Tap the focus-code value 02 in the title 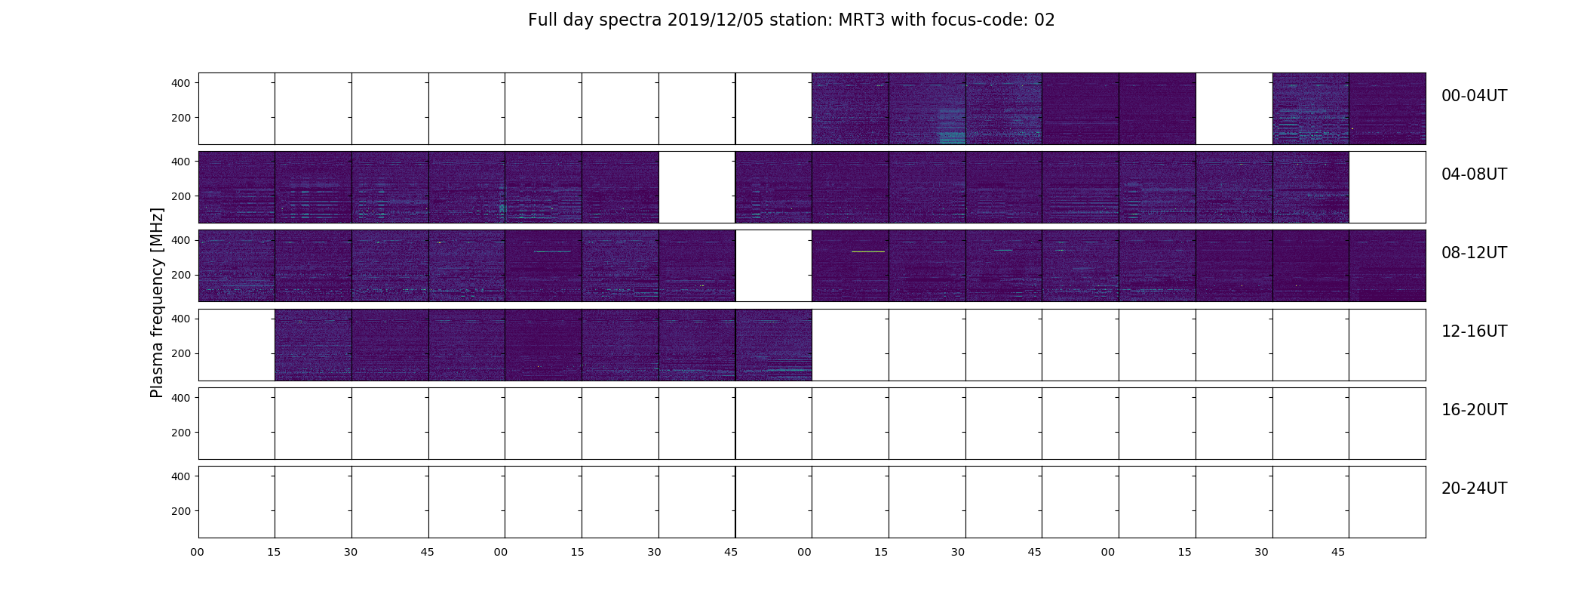tap(1044, 20)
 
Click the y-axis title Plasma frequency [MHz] tap(157, 303)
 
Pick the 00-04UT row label tap(1474, 96)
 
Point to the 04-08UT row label tap(1474, 174)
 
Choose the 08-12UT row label tap(1474, 253)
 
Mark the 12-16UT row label tap(1474, 331)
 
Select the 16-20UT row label tap(1474, 410)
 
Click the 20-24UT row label tap(1474, 488)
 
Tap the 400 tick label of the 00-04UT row tap(181, 83)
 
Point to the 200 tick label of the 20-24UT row tap(181, 511)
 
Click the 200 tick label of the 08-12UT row tap(181, 275)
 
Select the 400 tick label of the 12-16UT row tap(181, 319)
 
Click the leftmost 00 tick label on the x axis tap(198, 552)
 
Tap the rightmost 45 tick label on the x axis tap(1338, 552)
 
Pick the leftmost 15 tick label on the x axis tap(274, 552)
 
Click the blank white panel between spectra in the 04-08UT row tap(697, 187)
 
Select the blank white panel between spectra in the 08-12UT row tap(774, 266)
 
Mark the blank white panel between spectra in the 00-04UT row tap(1234, 109)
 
